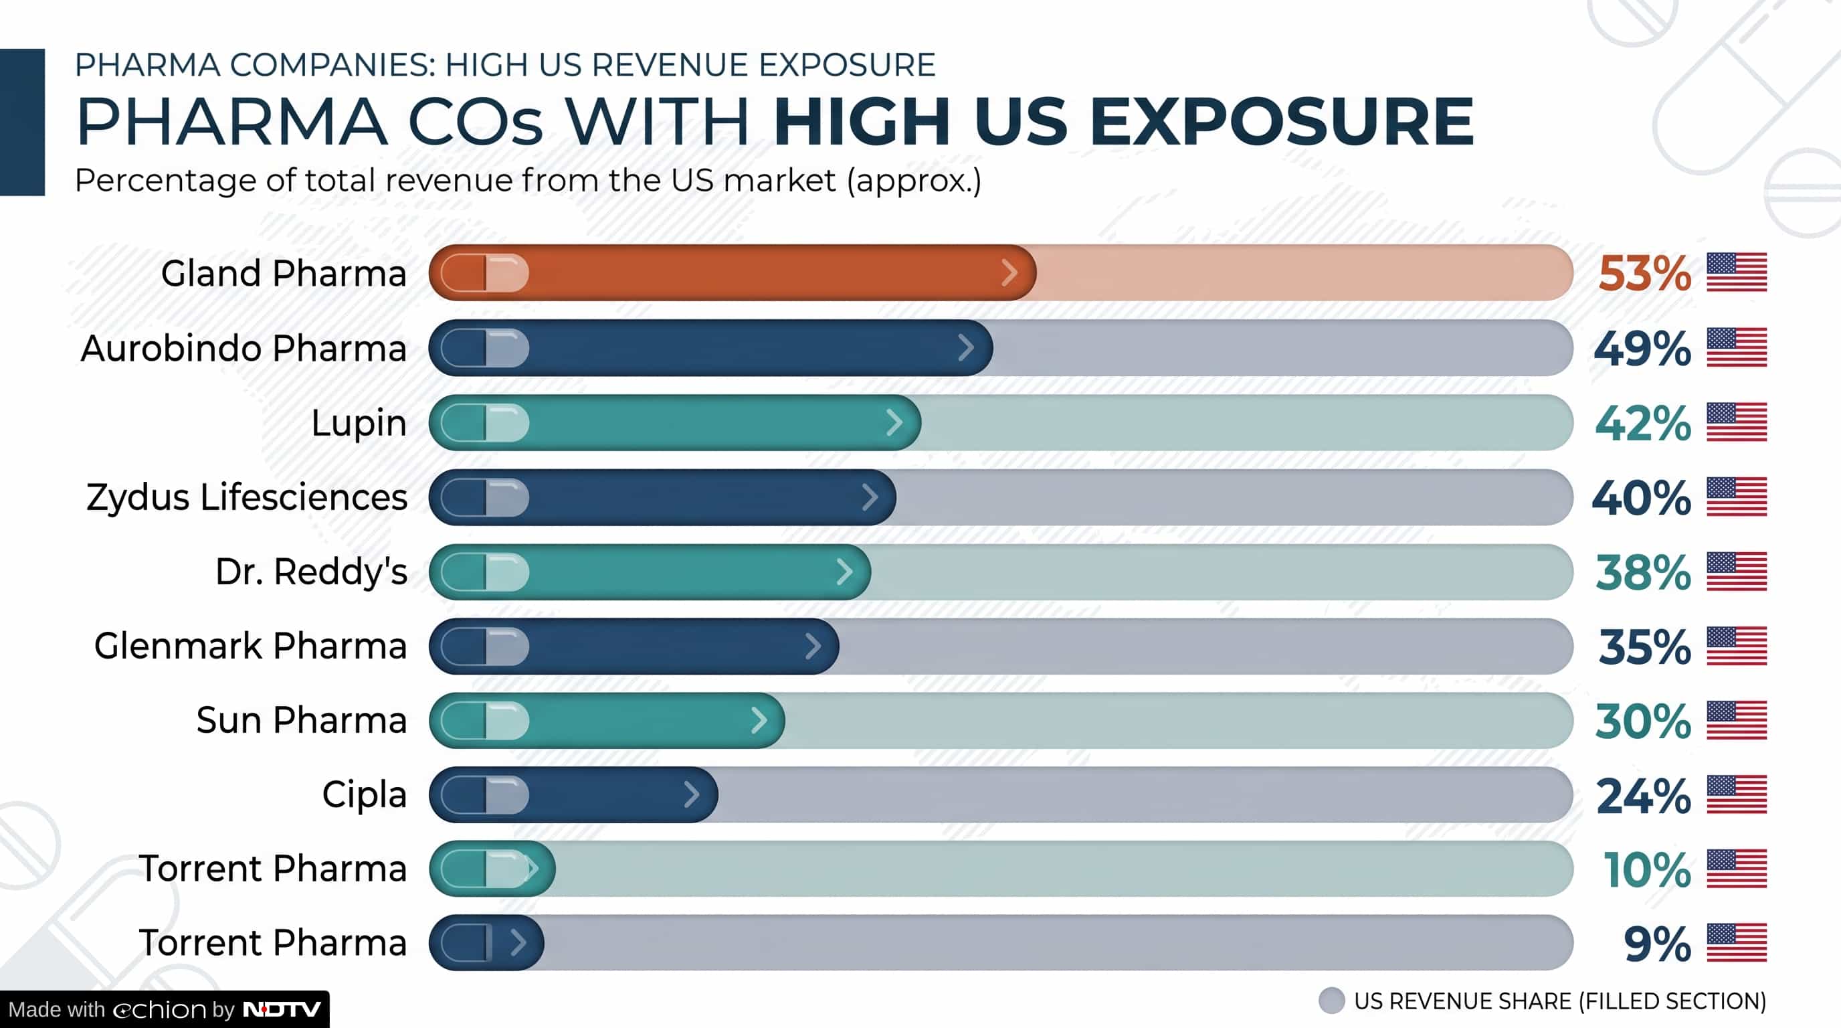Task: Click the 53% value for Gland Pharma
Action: [1644, 273]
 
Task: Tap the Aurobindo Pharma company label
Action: [244, 348]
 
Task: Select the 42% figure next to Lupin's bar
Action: [1643, 423]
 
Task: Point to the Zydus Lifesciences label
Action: [247, 497]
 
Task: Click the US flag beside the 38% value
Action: [1737, 572]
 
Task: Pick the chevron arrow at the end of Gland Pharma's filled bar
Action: [1009, 272]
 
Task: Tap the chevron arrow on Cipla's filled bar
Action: [691, 794]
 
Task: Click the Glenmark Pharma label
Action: [250, 646]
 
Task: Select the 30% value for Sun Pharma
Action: [1643, 721]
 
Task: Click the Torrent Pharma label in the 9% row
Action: [272, 942]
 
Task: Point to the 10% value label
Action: [1647, 869]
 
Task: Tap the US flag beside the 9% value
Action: [1737, 943]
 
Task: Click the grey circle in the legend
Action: [1331, 1001]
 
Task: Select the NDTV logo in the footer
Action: [282, 1009]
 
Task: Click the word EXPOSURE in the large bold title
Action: [1282, 122]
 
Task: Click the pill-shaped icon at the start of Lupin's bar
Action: [484, 422]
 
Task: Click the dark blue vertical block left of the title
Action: [22, 122]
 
